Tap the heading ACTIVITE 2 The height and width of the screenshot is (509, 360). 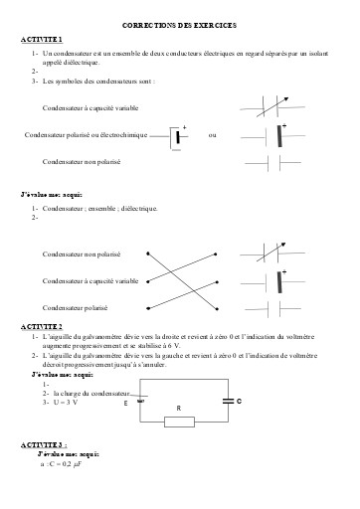[41, 326]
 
